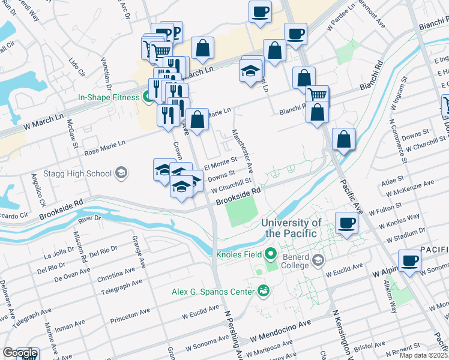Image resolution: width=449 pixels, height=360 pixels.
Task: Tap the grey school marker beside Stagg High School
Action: click(x=121, y=173)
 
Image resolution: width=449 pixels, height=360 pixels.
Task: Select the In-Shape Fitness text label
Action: click(x=109, y=97)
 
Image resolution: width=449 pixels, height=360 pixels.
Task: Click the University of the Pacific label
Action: click(x=291, y=227)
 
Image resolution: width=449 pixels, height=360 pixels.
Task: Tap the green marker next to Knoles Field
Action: click(x=271, y=254)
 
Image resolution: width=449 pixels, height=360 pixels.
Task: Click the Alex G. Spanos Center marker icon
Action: click(x=262, y=292)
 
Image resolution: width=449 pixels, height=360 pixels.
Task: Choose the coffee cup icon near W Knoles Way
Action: click(x=346, y=223)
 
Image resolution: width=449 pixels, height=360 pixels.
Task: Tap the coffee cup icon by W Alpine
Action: click(x=409, y=260)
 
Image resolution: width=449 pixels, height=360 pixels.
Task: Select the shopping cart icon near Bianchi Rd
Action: click(x=317, y=94)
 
